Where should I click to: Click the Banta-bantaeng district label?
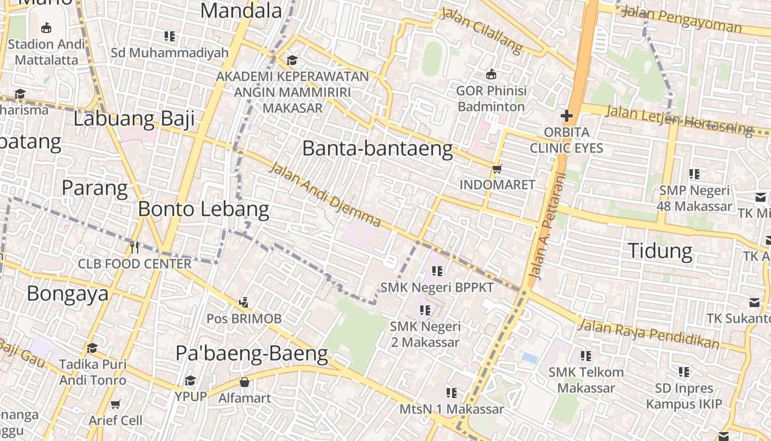(x=378, y=149)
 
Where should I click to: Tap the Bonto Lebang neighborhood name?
(x=203, y=209)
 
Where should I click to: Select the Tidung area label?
(x=660, y=251)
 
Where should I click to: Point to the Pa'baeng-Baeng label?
(x=252, y=353)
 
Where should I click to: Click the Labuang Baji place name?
(x=134, y=119)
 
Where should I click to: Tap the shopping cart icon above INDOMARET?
(x=497, y=169)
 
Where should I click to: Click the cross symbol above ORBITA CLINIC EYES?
(x=566, y=116)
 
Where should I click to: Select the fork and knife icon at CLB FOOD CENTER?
(x=134, y=247)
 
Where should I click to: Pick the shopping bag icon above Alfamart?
(x=245, y=381)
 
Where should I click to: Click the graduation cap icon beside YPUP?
(x=191, y=381)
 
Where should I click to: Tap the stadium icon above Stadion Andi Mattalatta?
(x=46, y=28)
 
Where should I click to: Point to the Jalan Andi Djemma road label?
(x=324, y=195)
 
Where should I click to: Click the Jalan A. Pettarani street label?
(x=547, y=226)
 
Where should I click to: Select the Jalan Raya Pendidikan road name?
(x=648, y=334)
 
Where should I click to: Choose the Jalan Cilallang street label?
(x=481, y=31)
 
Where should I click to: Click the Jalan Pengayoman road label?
(x=681, y=19)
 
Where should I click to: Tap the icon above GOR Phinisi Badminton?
(x=491, y=74)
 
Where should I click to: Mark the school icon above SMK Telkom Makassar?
(x=586, y=356)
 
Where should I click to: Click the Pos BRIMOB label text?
(x=244, y=319)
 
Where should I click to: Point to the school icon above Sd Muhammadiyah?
(x=170, y=36)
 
